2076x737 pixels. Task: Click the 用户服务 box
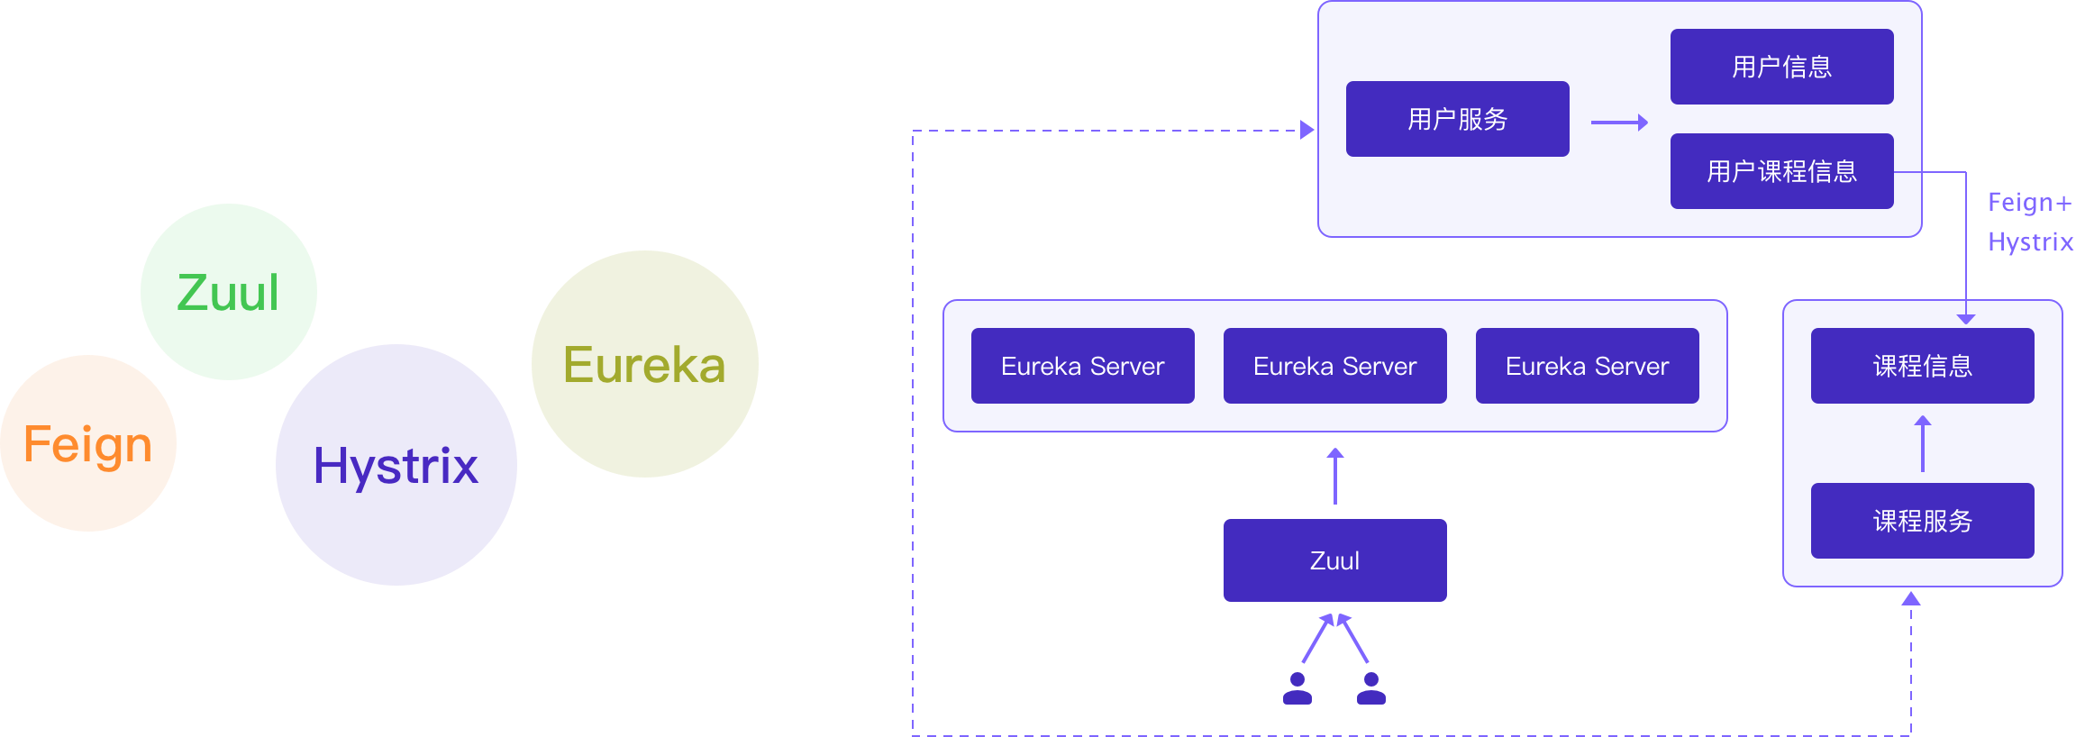click(x=1457, y=119)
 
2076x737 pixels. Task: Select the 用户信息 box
click(x=1781, y=67)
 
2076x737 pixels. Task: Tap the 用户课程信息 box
click(x=1781, y=171)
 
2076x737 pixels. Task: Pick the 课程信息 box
click(x=1922, y=366)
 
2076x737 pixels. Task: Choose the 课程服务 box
click(x=1922, y=521)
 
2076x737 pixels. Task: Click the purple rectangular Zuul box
click(x=1334, y=560)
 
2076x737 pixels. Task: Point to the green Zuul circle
click(x=229, y=292)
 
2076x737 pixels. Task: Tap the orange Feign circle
click(x=88, y=443)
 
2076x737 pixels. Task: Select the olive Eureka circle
click(x=645, y=364)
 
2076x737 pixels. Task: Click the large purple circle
click(x=396, y=465)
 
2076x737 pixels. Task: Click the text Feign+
click(x=2029, y=203)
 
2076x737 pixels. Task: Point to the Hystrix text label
click(x=2030, y=242)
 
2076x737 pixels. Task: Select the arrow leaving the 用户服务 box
click(x=1619, y=123)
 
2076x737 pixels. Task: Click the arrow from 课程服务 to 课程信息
click(x=1923, y=443)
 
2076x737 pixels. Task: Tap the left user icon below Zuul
click(x=1297, y=688)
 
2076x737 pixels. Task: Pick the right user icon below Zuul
click(x=1371, y=688)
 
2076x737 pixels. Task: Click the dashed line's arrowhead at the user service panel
click(x=1307, y=131)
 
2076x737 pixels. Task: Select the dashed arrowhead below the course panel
click(x=1911, y=599)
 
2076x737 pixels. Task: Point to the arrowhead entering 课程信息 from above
click(x=1966, y=318)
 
